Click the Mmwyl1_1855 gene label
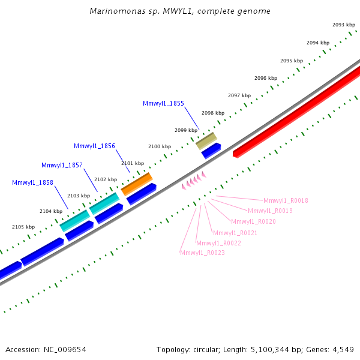(x=163, y=104)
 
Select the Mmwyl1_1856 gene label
(x=94, y=146)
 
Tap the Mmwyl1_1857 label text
(x=62, y=166)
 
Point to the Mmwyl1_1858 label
(x=32, y=183)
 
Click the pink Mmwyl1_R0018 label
(x=286, y=200)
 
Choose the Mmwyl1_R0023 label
(x=202, y=253)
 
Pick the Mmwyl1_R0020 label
(x=253, y=221)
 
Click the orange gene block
(x=137, y=184)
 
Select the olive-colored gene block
(x=206, y=141)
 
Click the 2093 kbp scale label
(x=344, y=25)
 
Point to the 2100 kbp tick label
(x=160, y=146)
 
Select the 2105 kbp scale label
(x=23, y=227)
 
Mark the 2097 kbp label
(x=239, y=95)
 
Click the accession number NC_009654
(x=65, y=350)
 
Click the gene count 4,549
(x=343, y=350)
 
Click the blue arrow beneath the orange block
(x=142, y=194)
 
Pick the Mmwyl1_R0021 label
(x=235, y=233)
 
